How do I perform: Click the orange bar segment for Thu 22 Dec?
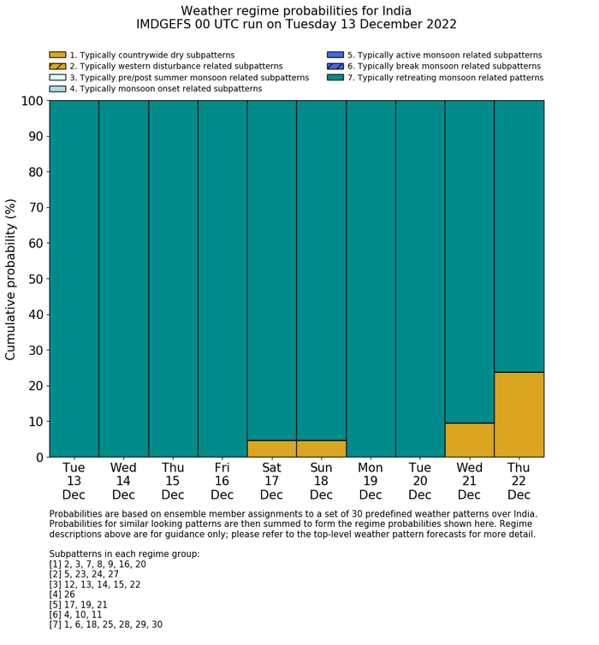click(519, 414)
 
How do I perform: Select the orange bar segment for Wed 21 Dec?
click(469, 440)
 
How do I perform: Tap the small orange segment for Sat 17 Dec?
click(271, 448)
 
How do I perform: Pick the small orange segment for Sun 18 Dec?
click(321, 448)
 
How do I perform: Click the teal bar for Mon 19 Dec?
click(371, 278)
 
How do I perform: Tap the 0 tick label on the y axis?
click(38, 458)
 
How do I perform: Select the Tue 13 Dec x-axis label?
click(74, 481)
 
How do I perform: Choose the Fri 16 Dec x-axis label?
click(222, 481)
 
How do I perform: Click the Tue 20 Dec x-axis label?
click(419, 481)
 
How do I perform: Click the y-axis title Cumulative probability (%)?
click(11, 279)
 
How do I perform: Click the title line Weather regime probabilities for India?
click(296, 10)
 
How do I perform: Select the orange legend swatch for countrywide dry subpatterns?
click(57, 55)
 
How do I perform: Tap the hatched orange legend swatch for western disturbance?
click(57, 66)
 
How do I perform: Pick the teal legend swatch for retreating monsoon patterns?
click(335, 77)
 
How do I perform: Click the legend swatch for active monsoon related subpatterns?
click(335, 55)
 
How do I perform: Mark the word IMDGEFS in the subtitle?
click(163, 25)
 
